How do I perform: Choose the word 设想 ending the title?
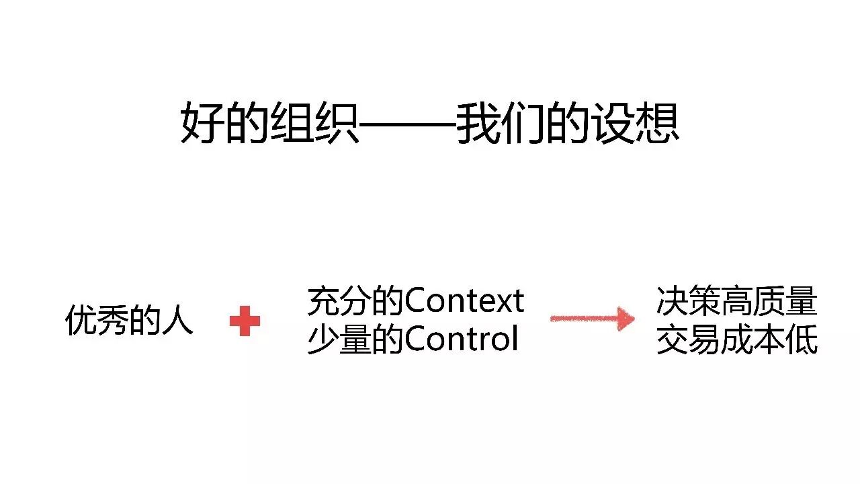635,123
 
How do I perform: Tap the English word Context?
464,302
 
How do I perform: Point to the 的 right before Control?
389,340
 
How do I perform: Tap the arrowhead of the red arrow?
626,319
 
